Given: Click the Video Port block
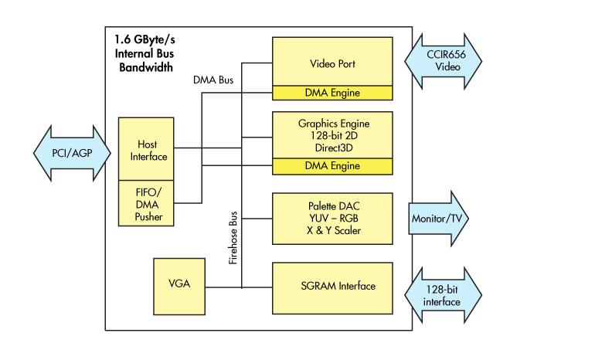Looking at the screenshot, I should [x=332, y=63].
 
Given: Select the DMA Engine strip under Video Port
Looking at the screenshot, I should [x=332, y=93].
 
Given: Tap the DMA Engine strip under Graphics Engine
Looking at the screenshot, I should [x=332, y=166].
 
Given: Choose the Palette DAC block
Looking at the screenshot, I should [x=332, y=219].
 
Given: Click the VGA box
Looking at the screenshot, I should [x=178, y=284].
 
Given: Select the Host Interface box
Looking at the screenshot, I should [x=147, y=150].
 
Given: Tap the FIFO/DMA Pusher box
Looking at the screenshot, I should [x=147, y=203].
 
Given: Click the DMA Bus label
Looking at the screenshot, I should [x=213, y=80].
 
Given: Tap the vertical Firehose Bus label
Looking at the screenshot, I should [x=232, y=238].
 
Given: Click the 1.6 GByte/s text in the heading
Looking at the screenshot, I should [x=148, y=39].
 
